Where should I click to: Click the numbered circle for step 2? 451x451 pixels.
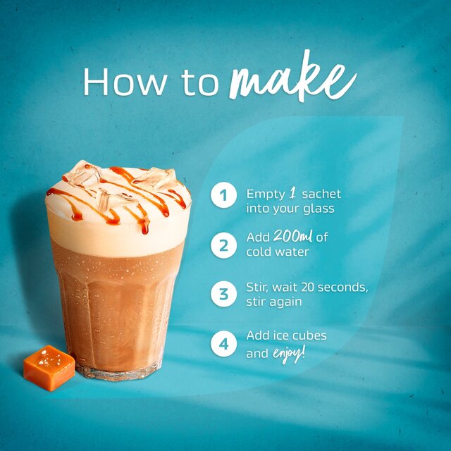tap(223, 245)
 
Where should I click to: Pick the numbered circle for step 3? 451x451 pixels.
tap(223, 294)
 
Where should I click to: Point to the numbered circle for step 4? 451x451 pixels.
tap(223, 344)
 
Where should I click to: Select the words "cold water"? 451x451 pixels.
tap(277, 252)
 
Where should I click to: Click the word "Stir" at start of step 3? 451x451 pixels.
tap(258, 288)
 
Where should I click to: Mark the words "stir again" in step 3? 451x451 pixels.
tap(274, 302)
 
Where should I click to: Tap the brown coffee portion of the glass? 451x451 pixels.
tap(117, 303)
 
